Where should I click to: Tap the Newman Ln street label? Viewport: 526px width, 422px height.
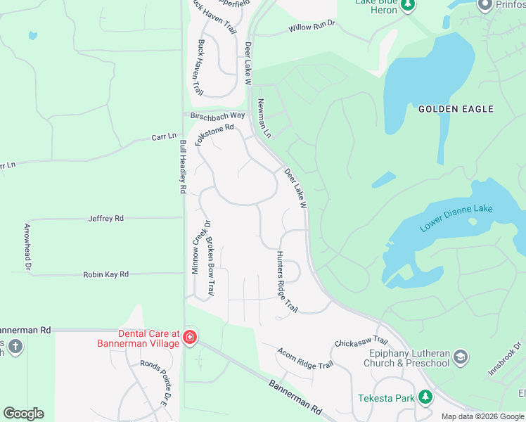(x=264, y=117)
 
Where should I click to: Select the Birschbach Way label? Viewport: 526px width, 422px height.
(x=217, y=115)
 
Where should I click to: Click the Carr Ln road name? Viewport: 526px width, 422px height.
(x=162, y=138)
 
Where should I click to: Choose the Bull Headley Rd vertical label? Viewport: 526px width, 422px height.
(x=183, y=167)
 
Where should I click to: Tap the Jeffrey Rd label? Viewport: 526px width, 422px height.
(x=106, y=219)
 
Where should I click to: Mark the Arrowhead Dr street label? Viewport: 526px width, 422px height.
(x=27, y=246)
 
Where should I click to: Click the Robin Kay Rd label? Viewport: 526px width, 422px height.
(x=106, y=274)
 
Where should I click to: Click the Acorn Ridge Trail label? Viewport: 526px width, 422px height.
(x=305, y=358)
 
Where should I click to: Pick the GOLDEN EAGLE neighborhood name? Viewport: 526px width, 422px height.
(x=456, y=109)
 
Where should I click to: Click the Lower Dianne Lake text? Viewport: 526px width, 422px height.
(x=456, y=218)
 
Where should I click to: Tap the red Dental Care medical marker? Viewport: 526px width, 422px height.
(x=189, y=339)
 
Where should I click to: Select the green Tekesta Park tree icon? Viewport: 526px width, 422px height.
(x=425, y=398)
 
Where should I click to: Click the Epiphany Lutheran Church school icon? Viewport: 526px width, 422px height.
(x=461, y=357)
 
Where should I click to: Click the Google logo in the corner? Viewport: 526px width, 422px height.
(x=23, y=414)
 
